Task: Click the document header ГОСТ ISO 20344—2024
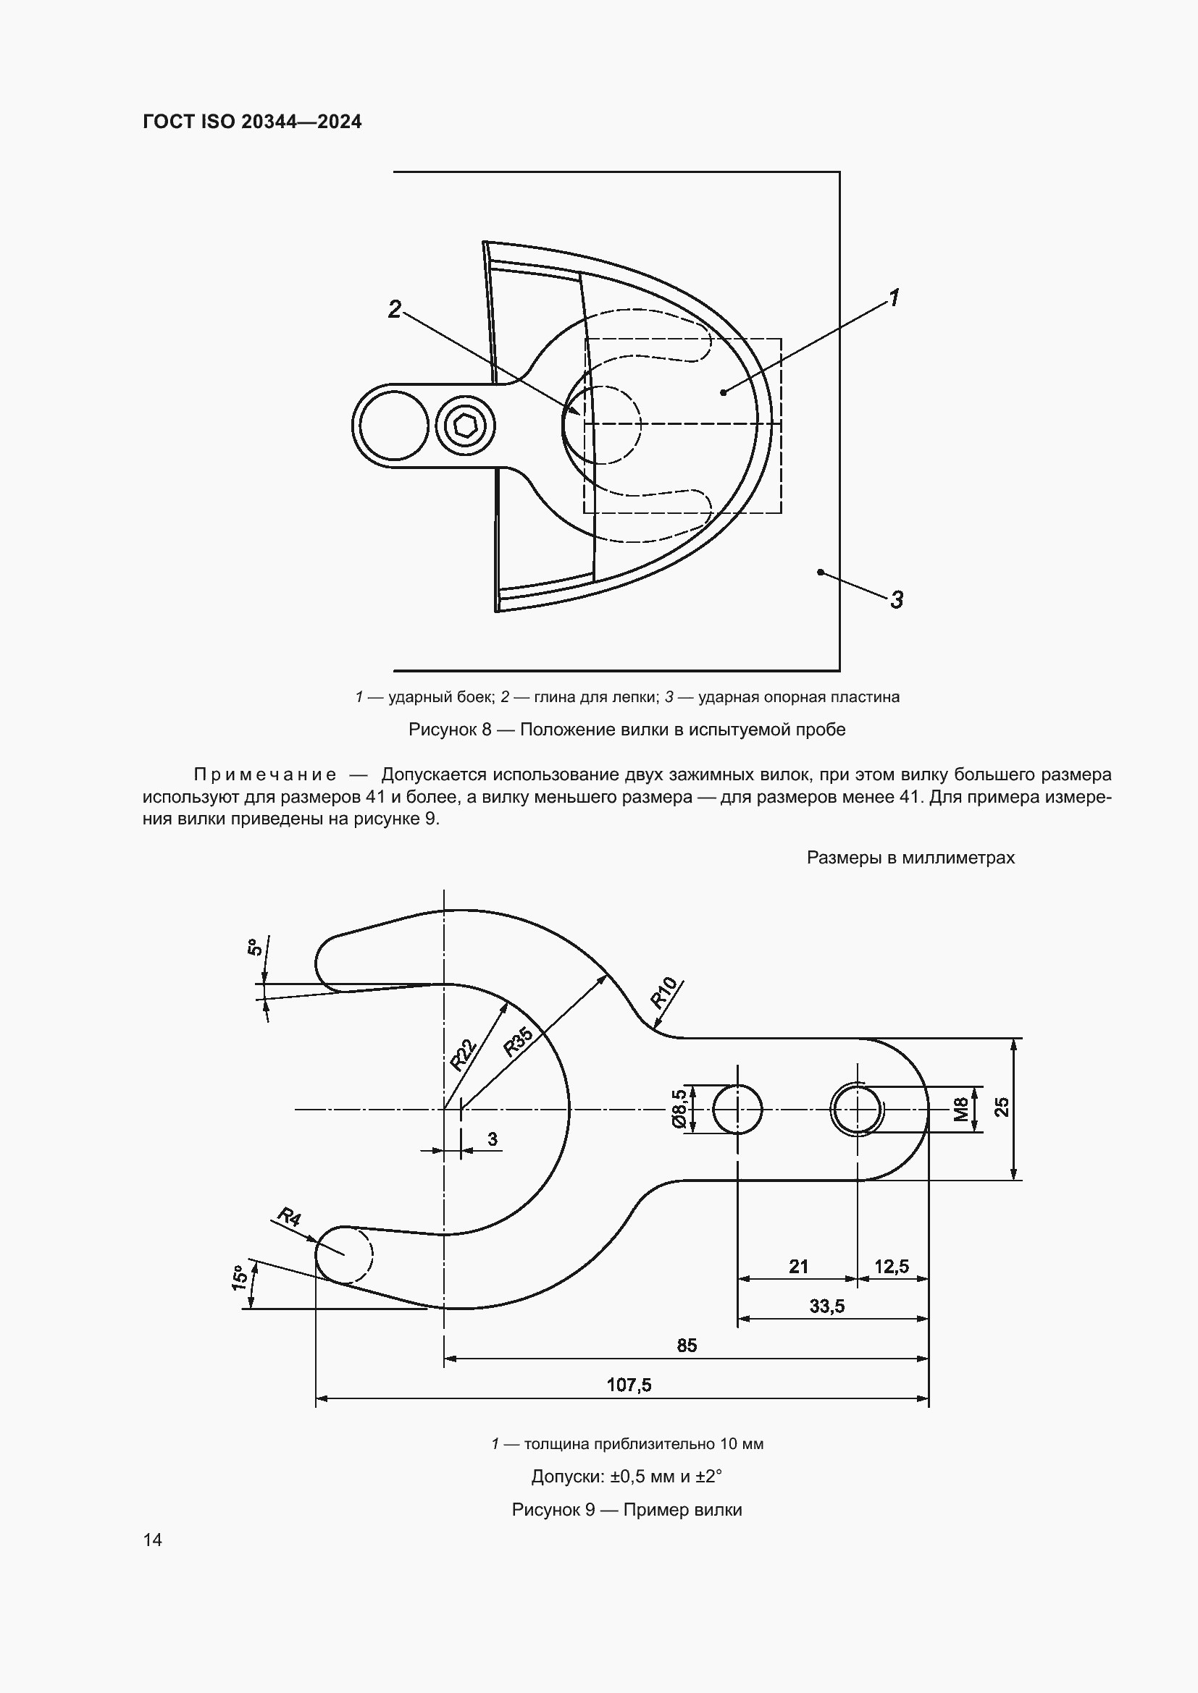252,122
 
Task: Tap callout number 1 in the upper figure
893,299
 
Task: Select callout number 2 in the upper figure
395,310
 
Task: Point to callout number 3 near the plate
896,600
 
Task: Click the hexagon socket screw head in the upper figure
465,426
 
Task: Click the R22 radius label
464,1054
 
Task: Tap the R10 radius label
663,992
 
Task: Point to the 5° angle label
253,947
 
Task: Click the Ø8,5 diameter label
679,1109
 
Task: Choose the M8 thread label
960,1109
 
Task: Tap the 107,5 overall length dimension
629,1385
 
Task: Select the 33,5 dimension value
826,1306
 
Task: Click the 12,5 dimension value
891,1267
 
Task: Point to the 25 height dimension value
1002,1107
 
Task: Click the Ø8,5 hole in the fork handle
737,1109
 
